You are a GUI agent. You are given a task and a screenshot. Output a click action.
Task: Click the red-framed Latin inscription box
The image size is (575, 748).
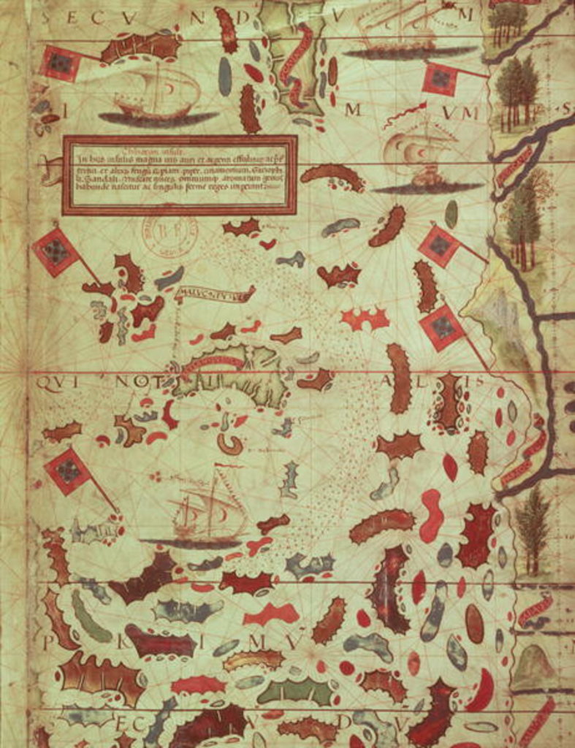pyautogui.click(x=180, y=175)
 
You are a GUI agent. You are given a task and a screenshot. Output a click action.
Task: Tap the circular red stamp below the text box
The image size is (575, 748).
pyautogui.click(x=170, y=233)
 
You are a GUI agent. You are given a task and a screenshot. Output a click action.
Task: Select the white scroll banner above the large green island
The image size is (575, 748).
pyautogui.click(x=215, y=294)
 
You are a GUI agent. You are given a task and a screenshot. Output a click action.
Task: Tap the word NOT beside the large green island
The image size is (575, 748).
pyautogui.click(x=132, y=381)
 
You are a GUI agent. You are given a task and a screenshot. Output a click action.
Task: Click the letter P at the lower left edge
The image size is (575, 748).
pyautogui.click(x=47, y=642)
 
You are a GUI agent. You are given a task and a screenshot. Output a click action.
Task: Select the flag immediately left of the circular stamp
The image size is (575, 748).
pyautogui.click(x=56, y=252)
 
